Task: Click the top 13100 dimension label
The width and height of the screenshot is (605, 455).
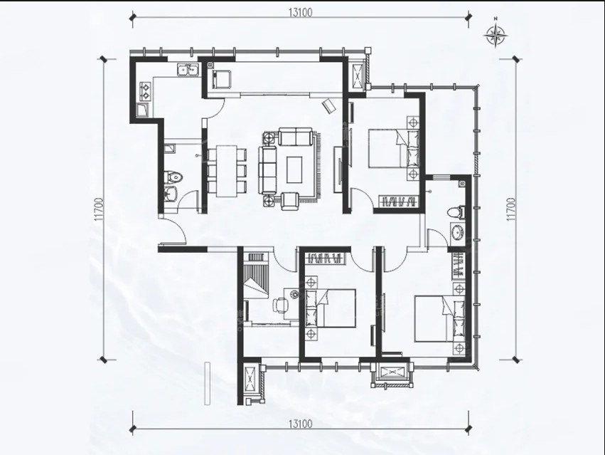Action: tap(300, 12)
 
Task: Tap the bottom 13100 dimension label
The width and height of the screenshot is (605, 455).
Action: tap(300, 424)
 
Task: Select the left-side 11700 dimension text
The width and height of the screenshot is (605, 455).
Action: tap(98, 209)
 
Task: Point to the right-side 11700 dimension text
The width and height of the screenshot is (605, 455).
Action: tap(511, 209)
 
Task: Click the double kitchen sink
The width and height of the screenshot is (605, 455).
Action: tap(188, 70)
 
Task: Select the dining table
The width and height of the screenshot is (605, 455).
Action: tap(226, 170)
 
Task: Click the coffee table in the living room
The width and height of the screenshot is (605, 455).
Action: tap(295, 169)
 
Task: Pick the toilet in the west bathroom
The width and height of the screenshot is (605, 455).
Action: tap(173, 177)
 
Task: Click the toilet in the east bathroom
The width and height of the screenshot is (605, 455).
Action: tap(455, 212)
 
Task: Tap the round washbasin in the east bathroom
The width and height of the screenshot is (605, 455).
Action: tap(459, 233)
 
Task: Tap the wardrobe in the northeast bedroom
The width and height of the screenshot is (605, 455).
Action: tap(398, 202)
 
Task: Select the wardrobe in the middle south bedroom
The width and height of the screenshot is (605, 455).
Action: tap(323, 258)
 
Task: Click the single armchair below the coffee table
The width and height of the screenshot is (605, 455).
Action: tap(290, 201)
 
